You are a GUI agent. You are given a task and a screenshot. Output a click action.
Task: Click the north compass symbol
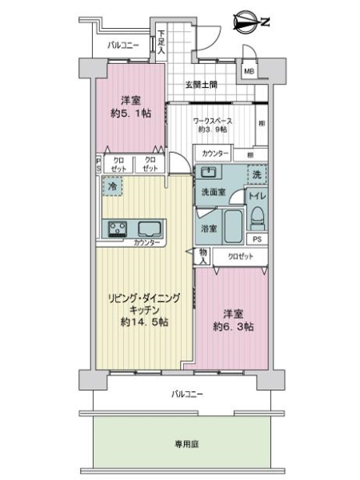247,22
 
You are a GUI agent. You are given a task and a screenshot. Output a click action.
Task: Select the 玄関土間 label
202,85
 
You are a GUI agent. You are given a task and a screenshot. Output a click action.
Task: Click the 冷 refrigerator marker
110,185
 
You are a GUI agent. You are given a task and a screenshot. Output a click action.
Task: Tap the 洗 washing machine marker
258,173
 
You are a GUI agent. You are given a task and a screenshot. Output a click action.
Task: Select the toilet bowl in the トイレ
257,214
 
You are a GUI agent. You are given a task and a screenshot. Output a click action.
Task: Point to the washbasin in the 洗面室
208,172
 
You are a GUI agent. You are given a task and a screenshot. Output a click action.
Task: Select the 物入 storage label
203,255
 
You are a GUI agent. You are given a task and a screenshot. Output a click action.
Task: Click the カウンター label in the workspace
214,153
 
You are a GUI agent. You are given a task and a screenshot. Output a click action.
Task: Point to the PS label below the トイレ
257,238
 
